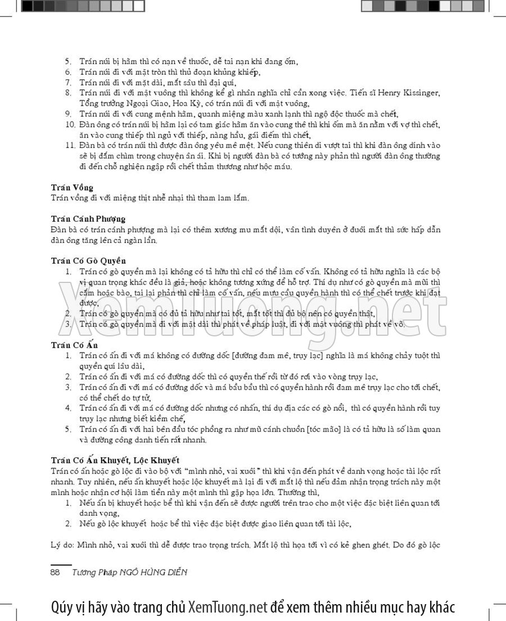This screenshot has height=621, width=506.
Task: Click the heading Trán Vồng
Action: [72, 187]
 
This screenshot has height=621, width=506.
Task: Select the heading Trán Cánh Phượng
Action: [88, 219]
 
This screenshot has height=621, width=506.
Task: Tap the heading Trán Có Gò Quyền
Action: [88, 261]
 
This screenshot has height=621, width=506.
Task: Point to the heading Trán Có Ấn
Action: [74, 345]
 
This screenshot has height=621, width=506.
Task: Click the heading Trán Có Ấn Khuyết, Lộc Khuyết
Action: [115, 460]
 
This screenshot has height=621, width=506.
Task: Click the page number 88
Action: [56, 572]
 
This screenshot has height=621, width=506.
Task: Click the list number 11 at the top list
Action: [70, 145]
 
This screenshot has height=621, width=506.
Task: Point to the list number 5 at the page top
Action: [68, 61]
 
